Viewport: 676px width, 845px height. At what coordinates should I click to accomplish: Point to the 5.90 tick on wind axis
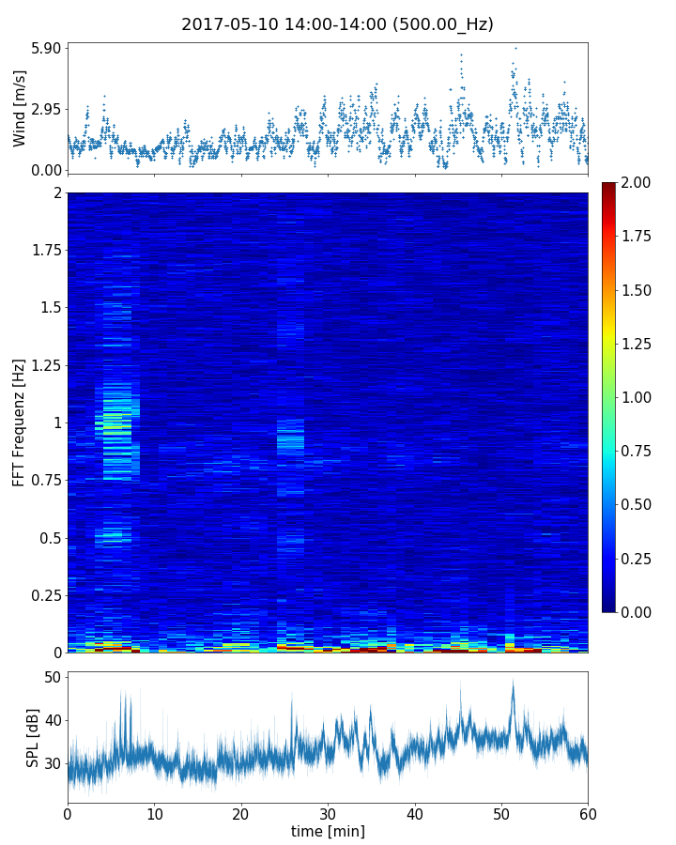point(46,48)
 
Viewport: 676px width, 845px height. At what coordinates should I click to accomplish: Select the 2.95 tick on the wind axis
point(46,109)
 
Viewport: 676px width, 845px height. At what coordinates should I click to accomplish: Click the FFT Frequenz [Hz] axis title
point(19,422)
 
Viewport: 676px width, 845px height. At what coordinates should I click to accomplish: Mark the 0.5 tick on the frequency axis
point(49,538)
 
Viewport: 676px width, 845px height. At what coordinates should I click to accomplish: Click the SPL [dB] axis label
point(33,738)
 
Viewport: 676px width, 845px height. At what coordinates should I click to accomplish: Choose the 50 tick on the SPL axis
point(52,678)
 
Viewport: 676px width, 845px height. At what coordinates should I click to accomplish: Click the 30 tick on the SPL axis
point(52,763)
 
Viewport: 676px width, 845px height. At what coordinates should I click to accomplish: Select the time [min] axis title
point(328,832)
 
